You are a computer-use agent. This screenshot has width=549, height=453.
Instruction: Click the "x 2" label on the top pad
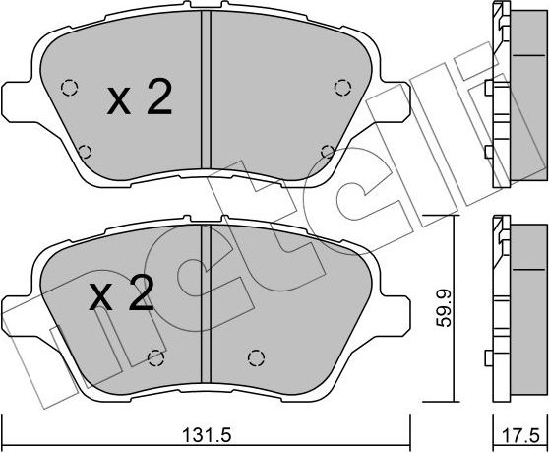(139, 98)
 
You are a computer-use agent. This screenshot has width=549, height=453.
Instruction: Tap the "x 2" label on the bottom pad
(123, 295)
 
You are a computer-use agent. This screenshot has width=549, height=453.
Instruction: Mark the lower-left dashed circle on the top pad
(85, 151)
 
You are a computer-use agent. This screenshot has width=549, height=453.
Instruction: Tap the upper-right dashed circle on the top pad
(342, 86)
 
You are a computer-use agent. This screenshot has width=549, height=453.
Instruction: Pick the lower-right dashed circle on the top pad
(326, 151)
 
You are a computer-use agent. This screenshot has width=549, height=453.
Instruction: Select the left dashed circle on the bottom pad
(153, 356)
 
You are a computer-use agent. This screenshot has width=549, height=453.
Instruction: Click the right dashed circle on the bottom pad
(257, 356)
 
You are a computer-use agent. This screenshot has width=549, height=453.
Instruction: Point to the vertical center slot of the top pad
(206, 98)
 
